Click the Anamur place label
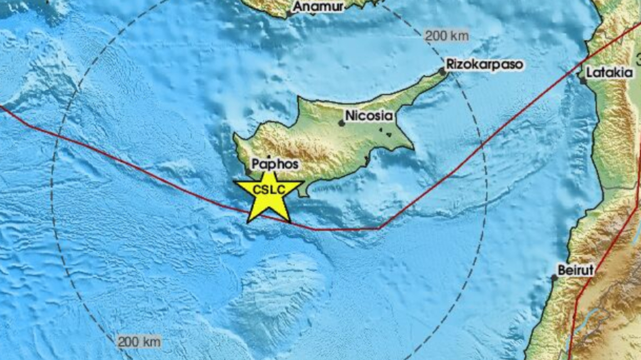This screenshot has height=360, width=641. coord(318,7)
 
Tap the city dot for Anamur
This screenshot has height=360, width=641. coord(289,13)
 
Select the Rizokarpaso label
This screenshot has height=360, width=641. coord(485,65)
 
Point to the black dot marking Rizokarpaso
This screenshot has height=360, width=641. coord(442,71)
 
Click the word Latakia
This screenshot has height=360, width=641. coord(609,72)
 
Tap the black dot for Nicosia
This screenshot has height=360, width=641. coord(342,123)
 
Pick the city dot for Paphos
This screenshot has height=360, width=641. coord(248,172)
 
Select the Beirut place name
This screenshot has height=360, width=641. coord(576,270)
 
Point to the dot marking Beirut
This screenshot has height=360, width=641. coord(554,278)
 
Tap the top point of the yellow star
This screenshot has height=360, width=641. coord(268,171)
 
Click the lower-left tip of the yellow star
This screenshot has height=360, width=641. coord(249,222)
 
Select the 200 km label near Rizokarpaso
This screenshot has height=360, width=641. coord(447,36)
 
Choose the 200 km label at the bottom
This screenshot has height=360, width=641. coord(139,341)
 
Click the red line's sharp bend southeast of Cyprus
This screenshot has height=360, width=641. coord(379,228)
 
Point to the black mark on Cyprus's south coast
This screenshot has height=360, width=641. coord(367,160)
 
